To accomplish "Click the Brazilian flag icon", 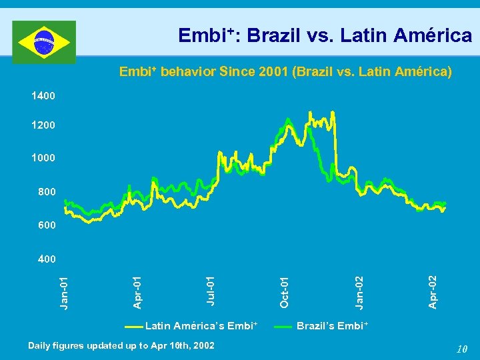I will click(x=44, y=41).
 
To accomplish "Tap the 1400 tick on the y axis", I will click(x=43, y=96).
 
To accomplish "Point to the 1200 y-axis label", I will click(x=43, y=125).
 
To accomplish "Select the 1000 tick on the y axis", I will click(x=43, y=159).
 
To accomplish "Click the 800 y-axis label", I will click(x=46, y=192).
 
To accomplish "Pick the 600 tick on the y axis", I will click(x=46, y=225).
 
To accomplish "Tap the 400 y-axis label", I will click(x=46, y=258).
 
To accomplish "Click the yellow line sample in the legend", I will click(x=133, y=327).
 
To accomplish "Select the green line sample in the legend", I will click(x=285, y=327).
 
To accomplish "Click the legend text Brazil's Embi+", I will click(x=332, y=326).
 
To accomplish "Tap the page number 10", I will click(x=462, y=349).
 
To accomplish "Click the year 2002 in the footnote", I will click(x=203, y=345).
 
